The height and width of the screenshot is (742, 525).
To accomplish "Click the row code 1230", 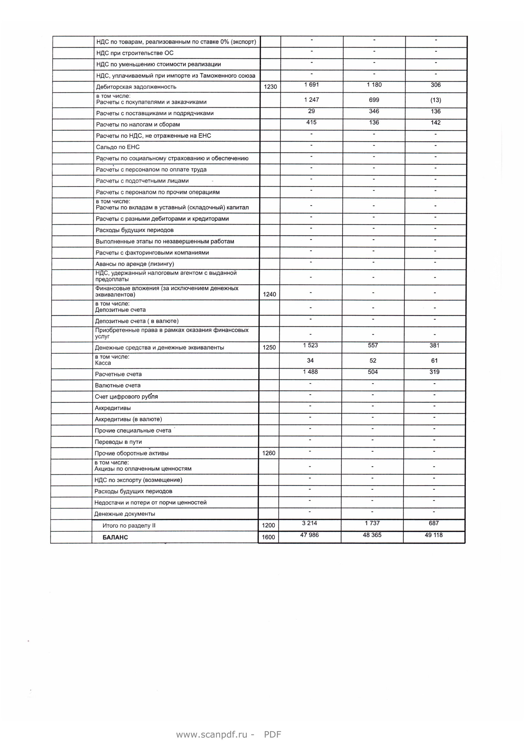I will [x=270, y=87].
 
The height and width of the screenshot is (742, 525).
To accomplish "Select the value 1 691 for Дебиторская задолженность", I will [x=311, y=85].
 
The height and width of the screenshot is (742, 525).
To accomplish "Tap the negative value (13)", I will [x=435, y=100].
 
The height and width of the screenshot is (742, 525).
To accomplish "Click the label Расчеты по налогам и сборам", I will [x=138, y=124].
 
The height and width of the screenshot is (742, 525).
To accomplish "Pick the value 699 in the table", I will [x=374, y=100].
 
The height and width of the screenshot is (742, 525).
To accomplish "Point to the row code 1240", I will [x=269, y=294].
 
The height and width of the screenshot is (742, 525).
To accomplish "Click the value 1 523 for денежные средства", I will [x=310, y=345].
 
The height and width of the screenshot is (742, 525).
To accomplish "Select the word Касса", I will [x=103, y=363].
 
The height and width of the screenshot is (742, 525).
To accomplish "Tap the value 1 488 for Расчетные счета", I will [x=310, y=372].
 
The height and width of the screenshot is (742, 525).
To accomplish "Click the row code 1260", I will [x=268, y=453].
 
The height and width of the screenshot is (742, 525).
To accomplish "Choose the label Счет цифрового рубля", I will [x=126, y=397].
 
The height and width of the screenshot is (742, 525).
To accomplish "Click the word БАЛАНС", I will [x=115, y=537].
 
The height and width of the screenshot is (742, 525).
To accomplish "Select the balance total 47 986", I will [x=309, y=535].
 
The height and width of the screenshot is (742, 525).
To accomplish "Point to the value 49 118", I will [x=434, y=535].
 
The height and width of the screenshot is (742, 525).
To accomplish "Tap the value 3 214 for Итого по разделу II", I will [x=310, y=523].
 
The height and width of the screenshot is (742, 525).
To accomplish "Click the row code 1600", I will [x=268, y=537].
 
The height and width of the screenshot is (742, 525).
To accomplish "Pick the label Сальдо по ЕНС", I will [x=118, y=147].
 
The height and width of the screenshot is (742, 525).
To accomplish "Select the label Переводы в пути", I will [x=118, y=442].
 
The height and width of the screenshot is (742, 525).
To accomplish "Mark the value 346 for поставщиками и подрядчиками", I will [x=374, y=111].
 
